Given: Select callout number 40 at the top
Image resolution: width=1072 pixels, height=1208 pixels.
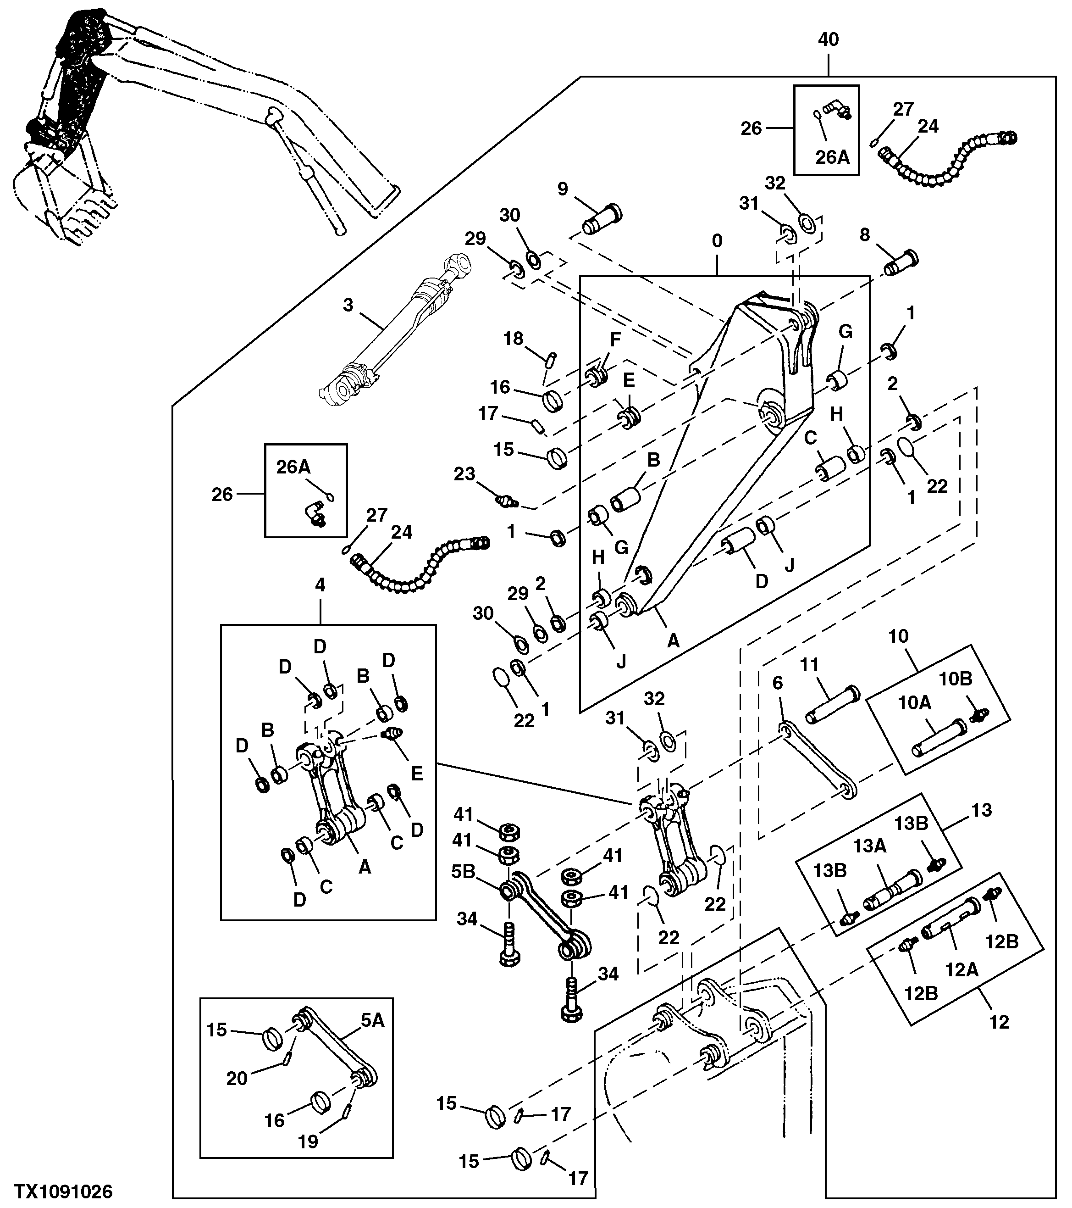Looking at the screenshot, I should pyautogui.click(x=828, y=39).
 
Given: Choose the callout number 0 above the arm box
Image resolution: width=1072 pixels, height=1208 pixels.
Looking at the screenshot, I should pyautogui.click(x=717, y=241).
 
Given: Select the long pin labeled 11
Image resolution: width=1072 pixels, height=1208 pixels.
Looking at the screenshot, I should pyautogui.click(x=833, y=704).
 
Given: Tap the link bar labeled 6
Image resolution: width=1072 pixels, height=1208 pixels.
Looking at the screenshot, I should pyautogui.click(x=818, y=760).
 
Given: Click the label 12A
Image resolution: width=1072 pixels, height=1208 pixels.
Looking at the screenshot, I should pyautogui.click(x=961, y=969).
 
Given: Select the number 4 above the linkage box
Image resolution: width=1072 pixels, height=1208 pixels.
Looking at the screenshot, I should pyautogui.click(x=320, y=585).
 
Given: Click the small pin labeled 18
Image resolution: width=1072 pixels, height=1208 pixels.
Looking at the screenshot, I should pyautogui.click(x=551, y=359).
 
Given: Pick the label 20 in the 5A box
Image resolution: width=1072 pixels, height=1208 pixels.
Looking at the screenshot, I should pyautogui.click(x=237, y=1078).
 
